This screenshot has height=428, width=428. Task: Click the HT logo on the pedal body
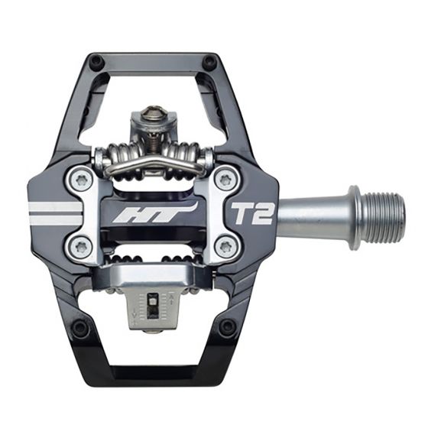[154, 212]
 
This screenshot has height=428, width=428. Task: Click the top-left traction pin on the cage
[95, 61]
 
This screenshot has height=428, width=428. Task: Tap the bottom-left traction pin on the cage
[79, 329]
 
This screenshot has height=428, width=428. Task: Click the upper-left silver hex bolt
[82, 180]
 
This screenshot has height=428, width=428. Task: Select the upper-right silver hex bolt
[223, 180]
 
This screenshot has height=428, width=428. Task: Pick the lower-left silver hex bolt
[82, 245]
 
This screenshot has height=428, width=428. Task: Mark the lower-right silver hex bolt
[223, 246]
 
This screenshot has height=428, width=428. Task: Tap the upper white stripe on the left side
[53, 206]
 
